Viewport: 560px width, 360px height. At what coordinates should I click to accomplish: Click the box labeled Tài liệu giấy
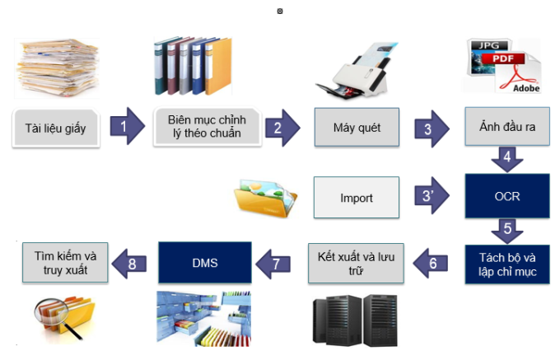57,128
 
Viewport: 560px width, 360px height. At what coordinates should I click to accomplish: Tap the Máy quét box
356,128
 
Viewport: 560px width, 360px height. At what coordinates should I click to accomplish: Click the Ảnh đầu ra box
506,127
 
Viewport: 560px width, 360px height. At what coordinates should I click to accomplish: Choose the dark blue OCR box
506,197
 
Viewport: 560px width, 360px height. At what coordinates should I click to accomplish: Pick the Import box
356,198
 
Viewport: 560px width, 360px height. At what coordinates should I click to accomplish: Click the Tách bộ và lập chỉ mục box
506,264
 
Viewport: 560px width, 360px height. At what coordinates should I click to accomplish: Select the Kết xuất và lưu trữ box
356,263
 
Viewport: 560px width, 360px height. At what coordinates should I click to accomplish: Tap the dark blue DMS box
204,263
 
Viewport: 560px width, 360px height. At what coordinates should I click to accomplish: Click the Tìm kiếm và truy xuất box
57,262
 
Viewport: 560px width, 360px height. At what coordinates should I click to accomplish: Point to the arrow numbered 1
125,127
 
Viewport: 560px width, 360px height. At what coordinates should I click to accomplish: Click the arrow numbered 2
280,128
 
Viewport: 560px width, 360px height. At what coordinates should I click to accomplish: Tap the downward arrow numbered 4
506,157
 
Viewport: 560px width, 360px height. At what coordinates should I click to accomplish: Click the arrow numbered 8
131,264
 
